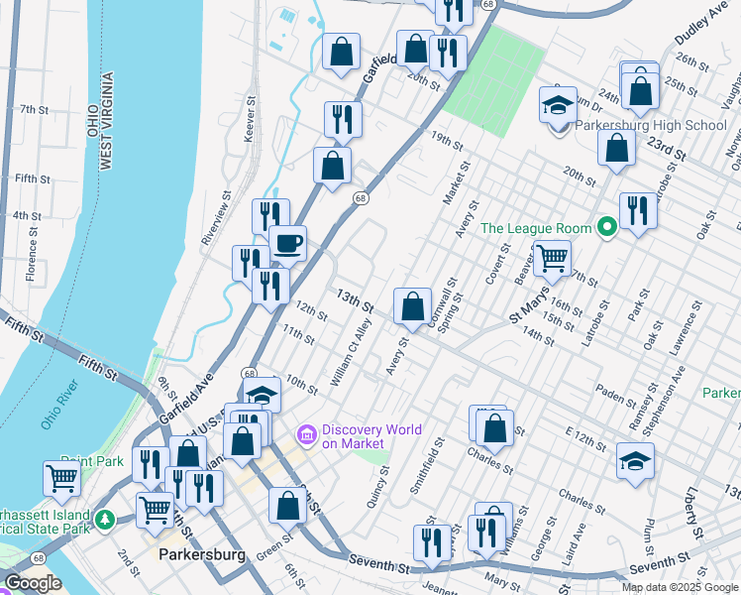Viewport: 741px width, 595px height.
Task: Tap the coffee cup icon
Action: pyautogui.click(x=288, y=243)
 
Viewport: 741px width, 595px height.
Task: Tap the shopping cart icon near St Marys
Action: pyautogui.click(x=552, y=258)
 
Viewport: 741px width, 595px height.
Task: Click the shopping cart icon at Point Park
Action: pyautogui.click(x=62, y=478)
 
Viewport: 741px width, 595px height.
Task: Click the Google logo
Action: pyautogui.click(x=33, y=583)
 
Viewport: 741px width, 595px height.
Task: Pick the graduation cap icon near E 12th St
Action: pyautogui.click(x=635, y=461)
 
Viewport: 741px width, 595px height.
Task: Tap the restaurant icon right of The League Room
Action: pyautogui.click(x=638, y=210)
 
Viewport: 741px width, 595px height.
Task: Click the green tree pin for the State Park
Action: pyautogui.click(x=104, y=518)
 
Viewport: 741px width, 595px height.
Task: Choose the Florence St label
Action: pyautogui.click(x=34, y=255)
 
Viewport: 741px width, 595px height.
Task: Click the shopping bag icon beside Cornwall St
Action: pyautogui.click(x=412, y=306)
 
